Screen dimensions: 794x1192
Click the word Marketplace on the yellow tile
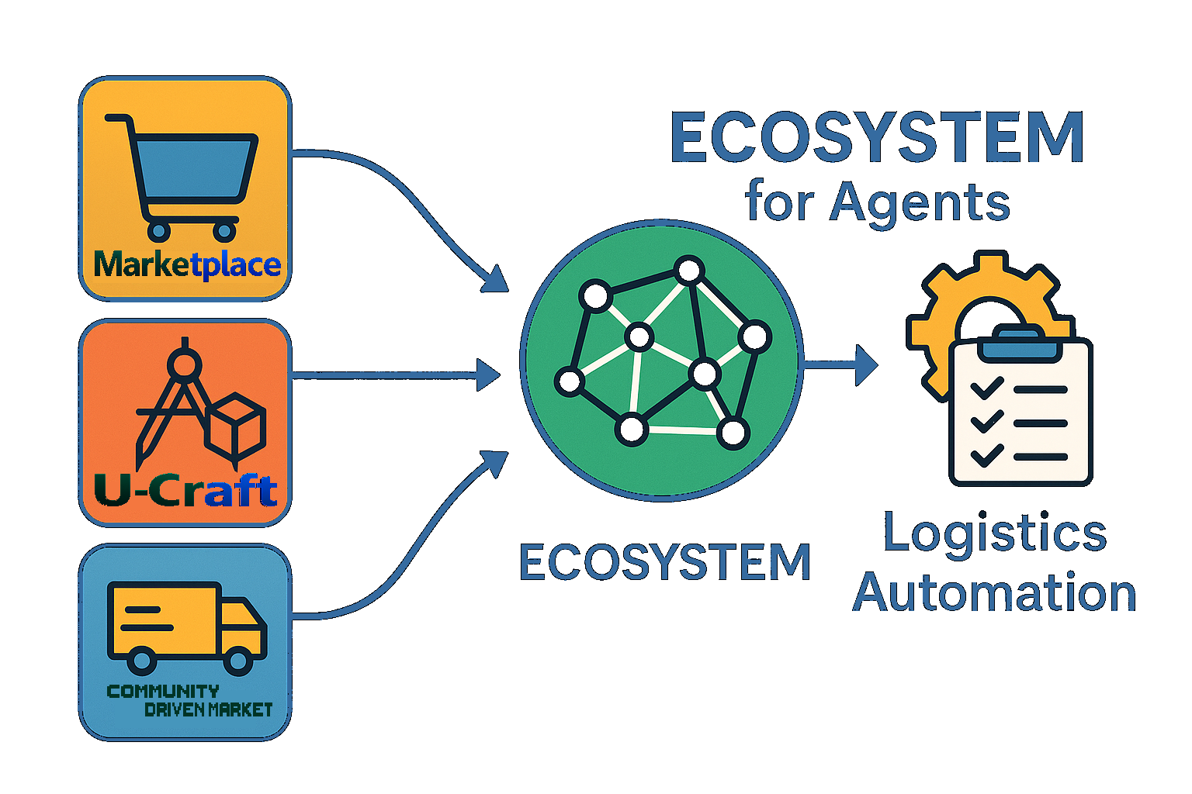pos(186,265)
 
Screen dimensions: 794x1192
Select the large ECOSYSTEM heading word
pos(877,138)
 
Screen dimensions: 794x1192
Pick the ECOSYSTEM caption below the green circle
pos(664,562)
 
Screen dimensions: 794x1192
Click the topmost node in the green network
pos(688,271)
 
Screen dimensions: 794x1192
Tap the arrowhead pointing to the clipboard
pos(865,364)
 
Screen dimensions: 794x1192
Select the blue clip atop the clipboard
pos(1020,343)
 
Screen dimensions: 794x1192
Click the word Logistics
pos(995,533)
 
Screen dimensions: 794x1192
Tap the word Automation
pos(995,593)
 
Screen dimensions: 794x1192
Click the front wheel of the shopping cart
pos(225,230)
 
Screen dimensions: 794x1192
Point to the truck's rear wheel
pos(141,661)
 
